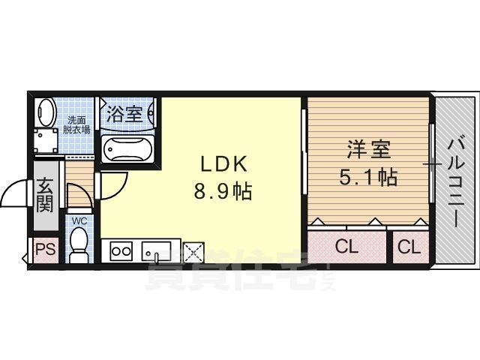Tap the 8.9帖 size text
[x=223, y=192]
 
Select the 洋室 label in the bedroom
[x=369, y=149]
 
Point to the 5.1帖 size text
[x=368, y=177]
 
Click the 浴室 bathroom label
[x=124, y=114]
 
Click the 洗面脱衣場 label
[x=76, y=125]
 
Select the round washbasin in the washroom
[x=46, y=112]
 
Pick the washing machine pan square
[x=46, y=141]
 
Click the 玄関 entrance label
[x=45, y=195]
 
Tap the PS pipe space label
[x=46, y=250]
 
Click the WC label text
[x=79, y=221]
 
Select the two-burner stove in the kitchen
[x=121, y=251]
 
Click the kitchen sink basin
[x=156, y=251]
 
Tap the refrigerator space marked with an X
[x=193, y=253]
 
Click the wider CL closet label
[x=346, y=247]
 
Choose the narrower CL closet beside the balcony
[x=409, y=247]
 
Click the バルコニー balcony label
[x=457, y=183]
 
